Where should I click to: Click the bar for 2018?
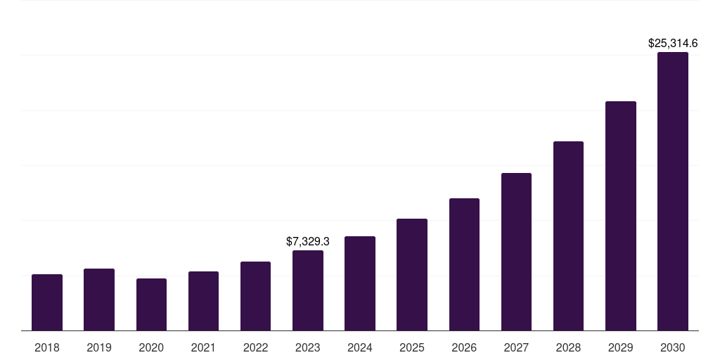click(47, 302)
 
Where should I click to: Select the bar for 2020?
click(151, 304)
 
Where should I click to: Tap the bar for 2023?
click(308, 290)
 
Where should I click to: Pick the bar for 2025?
click(412, 274)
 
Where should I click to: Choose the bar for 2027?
click(516, 252)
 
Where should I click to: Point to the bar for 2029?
click(621, 216)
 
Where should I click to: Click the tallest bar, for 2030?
click(673, 191)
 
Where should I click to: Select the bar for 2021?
click(203, 301)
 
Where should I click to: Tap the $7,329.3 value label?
click(308, 241)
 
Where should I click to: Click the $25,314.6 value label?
click(673, 43)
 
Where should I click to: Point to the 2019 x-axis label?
click(99, 347)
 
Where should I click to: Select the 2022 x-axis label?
click(255, 347)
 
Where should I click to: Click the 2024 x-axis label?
click(360, 347)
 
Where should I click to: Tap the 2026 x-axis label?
click(464, 347)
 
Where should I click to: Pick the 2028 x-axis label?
click(568, 347)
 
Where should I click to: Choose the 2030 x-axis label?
click(673, 347)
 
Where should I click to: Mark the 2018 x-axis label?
click(47, 347)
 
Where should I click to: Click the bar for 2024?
click(360, 283)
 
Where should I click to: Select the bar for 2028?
click(568, 236)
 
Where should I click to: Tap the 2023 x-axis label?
click(308, 347)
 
